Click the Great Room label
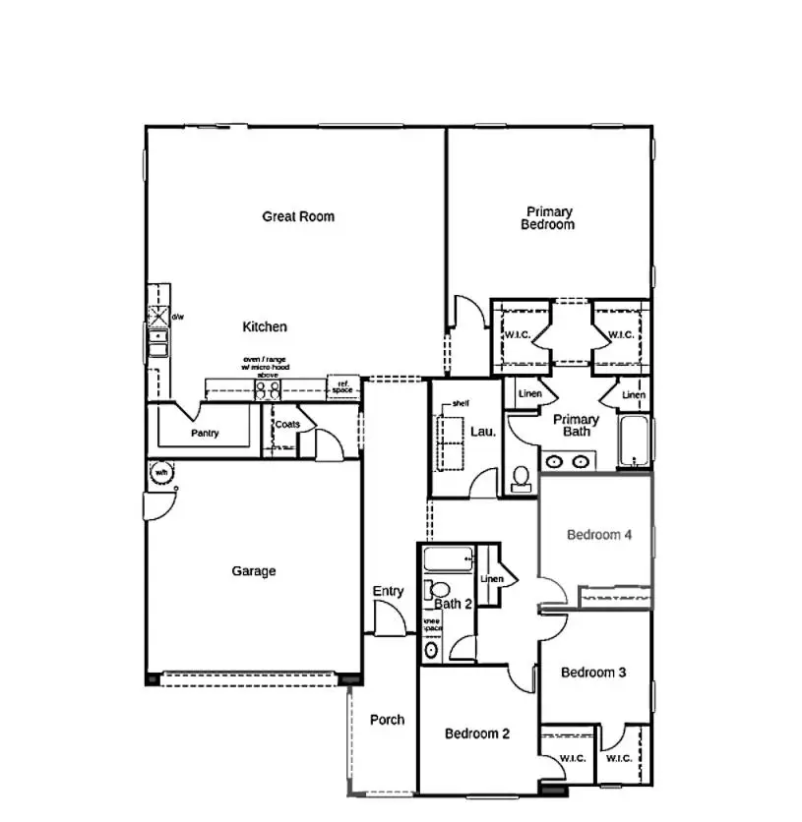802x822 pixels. [x=297, y=216]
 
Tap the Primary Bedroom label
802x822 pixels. [x=548, y=218]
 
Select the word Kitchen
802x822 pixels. [x=265, y=326]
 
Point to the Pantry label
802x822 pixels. [x=205, y=434]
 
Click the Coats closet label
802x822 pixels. [x=287, y=425]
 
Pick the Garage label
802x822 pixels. [x=253, y=571]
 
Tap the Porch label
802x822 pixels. [x=387, y=720]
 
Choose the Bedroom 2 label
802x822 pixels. [x=476, y=734]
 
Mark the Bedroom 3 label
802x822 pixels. [x=593, y=673]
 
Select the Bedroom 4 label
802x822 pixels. [x=599, y=535]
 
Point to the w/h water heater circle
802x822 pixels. [x=160, y=474]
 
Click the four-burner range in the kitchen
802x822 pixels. [x=267, y=389]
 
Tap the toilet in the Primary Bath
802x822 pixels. [x=522, y=479]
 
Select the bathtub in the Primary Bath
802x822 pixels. [x=634, y=442]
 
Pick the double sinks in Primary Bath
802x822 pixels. [x=568, y=460]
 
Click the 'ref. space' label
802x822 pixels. [x=341, y=387]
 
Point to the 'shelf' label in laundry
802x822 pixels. [x=461, y=404]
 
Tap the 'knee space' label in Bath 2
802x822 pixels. [x=432, y=624]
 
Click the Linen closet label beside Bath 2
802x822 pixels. [x=492, y=579]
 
